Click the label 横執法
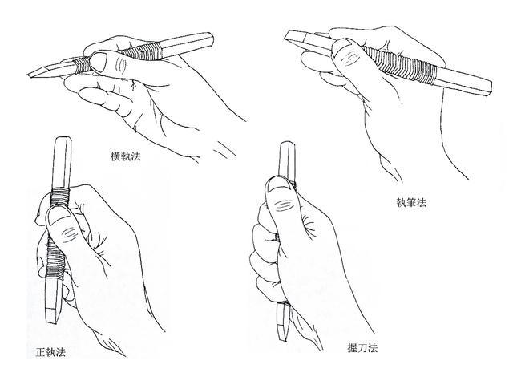pos(126,156)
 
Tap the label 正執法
pos(50,352)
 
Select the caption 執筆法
pos(411,203)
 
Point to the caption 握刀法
pos(362,347)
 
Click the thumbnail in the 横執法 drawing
pos(99,61)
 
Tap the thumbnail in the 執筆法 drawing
pos(339,47)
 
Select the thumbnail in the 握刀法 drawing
pos(278,184)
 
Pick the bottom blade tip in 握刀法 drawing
pos(282,340)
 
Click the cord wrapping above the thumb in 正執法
pos(60,197)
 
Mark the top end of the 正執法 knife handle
pos(63,138)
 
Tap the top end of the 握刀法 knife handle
pos(287,143)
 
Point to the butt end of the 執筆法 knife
pos(490,87)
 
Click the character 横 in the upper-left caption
pos(115,156)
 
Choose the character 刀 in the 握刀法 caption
pos(362,347)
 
